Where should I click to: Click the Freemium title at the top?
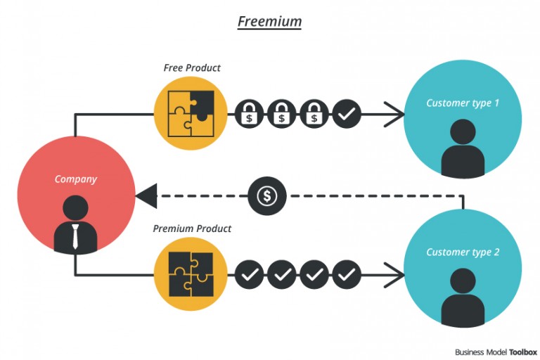click(x=269, y=21)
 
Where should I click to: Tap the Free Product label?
click(x=192, y=68)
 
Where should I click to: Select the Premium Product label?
click(x=192, y=229)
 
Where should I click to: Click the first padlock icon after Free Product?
click(x=249, y=113)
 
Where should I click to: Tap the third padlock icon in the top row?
click(x=314, y=113)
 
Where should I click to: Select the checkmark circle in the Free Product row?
click(x=347, y=113)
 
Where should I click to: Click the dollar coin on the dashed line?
click(x=267, y=196)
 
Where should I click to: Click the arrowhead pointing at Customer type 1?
click(x=394, y=113)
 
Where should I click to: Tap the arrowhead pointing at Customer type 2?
click(x=394, y=274)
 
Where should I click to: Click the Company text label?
click(x=76, y=179)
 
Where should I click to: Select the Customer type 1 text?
click(x=463, y=103)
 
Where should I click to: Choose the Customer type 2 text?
click(x=463, y=252)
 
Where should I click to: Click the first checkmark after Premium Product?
click(x=249, y=274)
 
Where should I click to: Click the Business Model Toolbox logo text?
click(x=496, y=352)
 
